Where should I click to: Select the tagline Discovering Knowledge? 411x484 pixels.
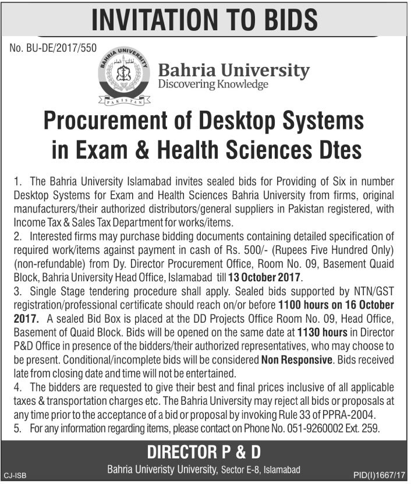coord(213,85)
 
